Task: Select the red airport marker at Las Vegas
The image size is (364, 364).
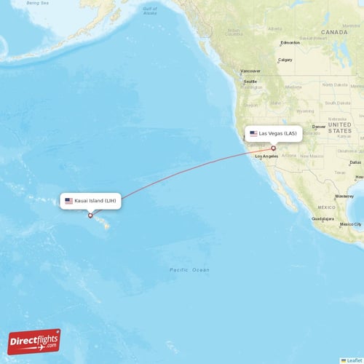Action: tap(274, 148)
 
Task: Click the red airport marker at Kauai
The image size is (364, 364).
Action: tap(90, 215)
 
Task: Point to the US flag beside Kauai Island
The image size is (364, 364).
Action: tap(69, 200)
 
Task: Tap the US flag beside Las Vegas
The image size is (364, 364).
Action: tap(253, 134)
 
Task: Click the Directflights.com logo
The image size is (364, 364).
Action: tap(34, 341)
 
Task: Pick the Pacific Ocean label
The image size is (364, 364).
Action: tap(189, 270)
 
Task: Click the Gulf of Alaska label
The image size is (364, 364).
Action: tap(149, 11)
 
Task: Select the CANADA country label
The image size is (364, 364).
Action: tap(334, 33)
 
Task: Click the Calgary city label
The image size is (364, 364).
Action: tap(285, 60)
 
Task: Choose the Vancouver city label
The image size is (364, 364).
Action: tap(250, 61)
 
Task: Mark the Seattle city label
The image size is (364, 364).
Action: tap(250, 82)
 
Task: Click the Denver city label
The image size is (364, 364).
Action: tap(319, 127)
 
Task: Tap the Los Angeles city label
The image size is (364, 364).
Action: tap(266, 156)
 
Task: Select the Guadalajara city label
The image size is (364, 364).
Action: tap(323, 218)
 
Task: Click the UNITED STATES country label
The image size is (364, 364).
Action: tap(339, 127)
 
